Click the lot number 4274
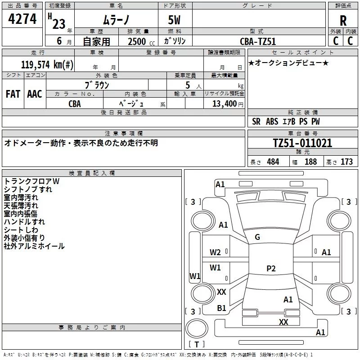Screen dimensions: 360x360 click(22, 19)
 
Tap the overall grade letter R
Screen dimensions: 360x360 click(343, 21)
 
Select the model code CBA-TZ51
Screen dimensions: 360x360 click(258, 41)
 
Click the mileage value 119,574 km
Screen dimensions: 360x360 click(47, 65)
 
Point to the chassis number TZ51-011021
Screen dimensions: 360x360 click(302, 143)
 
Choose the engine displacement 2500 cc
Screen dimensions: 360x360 click(141, 41)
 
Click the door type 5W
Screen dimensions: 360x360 click(174, 20)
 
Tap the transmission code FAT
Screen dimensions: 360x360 click(13, 94)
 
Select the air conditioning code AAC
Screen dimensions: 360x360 click(35, 94)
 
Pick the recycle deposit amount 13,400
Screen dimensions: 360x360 click(225, 104)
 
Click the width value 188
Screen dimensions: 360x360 click(310, 162)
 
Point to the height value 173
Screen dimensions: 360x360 click(346, 162)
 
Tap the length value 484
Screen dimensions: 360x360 click(273, 162)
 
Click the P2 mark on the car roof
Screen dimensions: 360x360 click(271, 268)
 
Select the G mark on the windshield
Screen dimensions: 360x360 click(257, 237)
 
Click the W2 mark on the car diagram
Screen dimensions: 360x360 click(215, 252)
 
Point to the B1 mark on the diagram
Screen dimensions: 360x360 click(221, 308)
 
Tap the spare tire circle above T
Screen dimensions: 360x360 click(197, 328)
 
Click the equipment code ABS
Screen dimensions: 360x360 click(272, 121)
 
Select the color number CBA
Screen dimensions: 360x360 click(75, 104)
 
